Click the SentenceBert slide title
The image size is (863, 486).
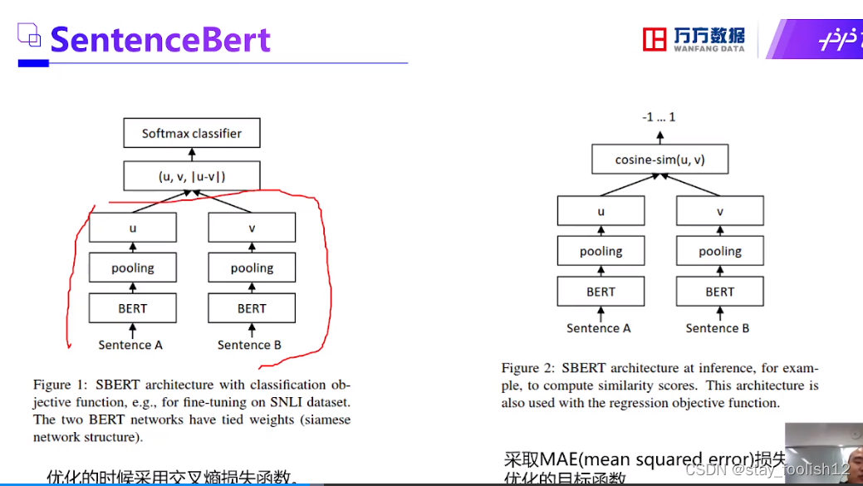pos(160,39)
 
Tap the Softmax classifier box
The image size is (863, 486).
pos(192,133)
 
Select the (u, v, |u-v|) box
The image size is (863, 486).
pos(192,176)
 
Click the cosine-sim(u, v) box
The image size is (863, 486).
pos(660,159)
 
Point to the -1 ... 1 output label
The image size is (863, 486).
pos(659,117)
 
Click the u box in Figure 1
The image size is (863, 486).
pos(133,228)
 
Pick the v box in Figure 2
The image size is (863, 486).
pos(720,211)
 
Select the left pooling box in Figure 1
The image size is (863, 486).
pos(133,268)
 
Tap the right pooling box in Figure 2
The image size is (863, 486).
pos(720,251)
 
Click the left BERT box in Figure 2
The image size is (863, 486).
pos(601,292)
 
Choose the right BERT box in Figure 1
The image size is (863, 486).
pos(252,308)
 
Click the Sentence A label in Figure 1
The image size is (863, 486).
pos(130,345)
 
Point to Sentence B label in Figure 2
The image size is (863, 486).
pos(718,328)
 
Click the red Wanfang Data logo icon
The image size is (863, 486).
pos(655,39)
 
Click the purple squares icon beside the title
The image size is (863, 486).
pos(29,36)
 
